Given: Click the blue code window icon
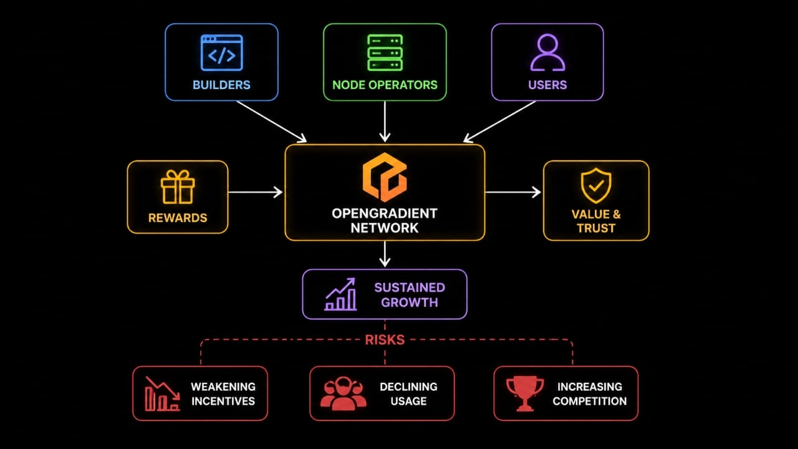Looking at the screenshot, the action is coord(221,53).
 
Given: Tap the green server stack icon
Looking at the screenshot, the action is coord(385,53).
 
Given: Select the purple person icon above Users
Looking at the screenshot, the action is coord(547,53).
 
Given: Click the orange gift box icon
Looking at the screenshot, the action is coord(178,187).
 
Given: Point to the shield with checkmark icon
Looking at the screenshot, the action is coord(596,186).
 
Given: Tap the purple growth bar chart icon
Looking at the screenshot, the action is coord(340,294).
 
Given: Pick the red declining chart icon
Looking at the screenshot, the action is coord(162,393).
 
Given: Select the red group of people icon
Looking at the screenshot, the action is coord(343,393).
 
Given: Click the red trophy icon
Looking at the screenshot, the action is coord(525,393).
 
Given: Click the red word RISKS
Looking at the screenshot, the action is coord(385,340).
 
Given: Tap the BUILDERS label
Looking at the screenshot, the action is coord(221,85).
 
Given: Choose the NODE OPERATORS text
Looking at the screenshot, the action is coord(385,85).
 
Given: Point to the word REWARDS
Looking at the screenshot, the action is coord(178,218).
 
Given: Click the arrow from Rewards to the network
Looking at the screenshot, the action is coord(256,192).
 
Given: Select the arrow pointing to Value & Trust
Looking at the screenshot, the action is coord(513,192).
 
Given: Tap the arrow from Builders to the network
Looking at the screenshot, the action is coord(271,122).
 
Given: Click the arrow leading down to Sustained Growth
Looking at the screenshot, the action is coord(385,254).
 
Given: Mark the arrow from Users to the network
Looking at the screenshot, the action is coord(499,122).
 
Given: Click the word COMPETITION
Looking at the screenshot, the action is coord(590,401).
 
